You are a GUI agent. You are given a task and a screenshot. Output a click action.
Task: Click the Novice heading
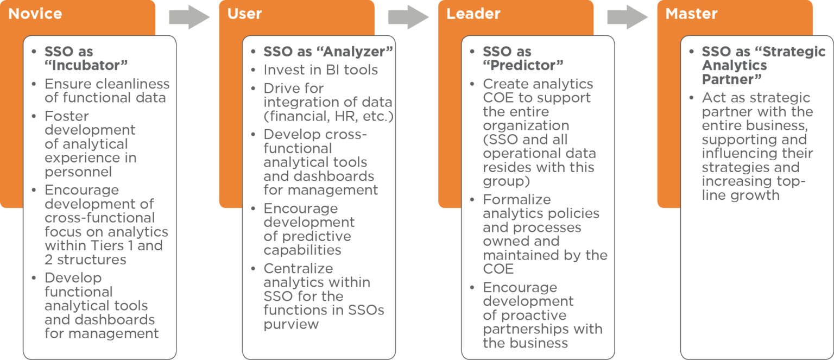point(35,14)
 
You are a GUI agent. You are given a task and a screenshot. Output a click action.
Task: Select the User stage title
point(244,14)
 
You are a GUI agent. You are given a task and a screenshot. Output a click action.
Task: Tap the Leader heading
point(473,14)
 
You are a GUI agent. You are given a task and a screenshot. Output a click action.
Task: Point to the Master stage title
point(691,14)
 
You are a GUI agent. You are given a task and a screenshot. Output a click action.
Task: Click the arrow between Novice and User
point(189,17)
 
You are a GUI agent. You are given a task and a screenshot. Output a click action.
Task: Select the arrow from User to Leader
point(408,17)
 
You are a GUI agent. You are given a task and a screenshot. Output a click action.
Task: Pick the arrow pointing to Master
point(627,17)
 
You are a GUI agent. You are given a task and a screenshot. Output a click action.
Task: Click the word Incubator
point(86,66)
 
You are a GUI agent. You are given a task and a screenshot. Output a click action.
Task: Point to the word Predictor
point(523,66)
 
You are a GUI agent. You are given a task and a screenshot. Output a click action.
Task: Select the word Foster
point(67,116)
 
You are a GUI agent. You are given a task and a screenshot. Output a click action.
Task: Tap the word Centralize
point(298,268)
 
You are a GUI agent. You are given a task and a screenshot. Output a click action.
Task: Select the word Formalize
point(517,199)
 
